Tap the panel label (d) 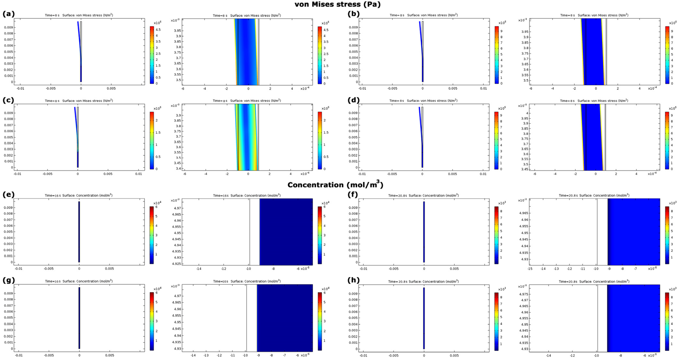pyautogui.click(x=354, y=100)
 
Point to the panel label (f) pyautogui.click(x=353, y=195)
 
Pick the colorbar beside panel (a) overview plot pyautogui.click(x=152, y=55)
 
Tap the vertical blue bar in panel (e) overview pyautogui.click(x=79, y=232)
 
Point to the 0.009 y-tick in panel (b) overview pyautogui.click(x=354, y=27)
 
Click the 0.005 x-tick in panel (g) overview pyautogui.click(x=110, y=355)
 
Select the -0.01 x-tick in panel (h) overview pyautogui.click(x=364, y=355)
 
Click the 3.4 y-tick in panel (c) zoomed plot pyautogui.click(x=178, y=168)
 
